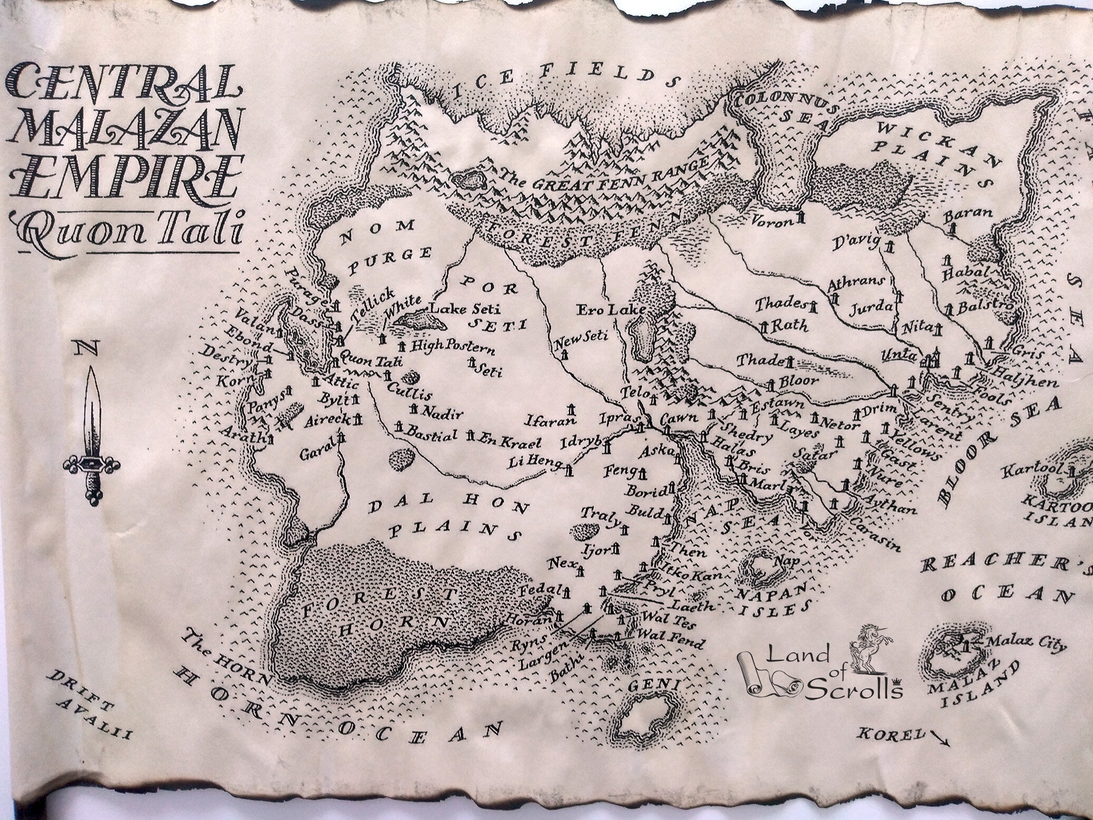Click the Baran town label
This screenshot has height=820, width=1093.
[x=968, y=213]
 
